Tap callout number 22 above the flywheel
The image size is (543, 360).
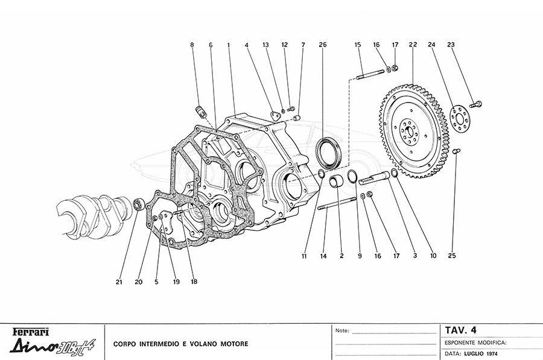(x=412, y=45)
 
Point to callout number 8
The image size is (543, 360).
(x=192, y=45)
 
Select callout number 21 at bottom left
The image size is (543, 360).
(x=119, y=281)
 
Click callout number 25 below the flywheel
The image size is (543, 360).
(x=453, y=256)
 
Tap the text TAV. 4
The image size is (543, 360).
(x=460, y=330)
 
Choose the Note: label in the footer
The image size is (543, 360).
(x=342, y=331)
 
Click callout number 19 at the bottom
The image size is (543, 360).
(x=177, y=281)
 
